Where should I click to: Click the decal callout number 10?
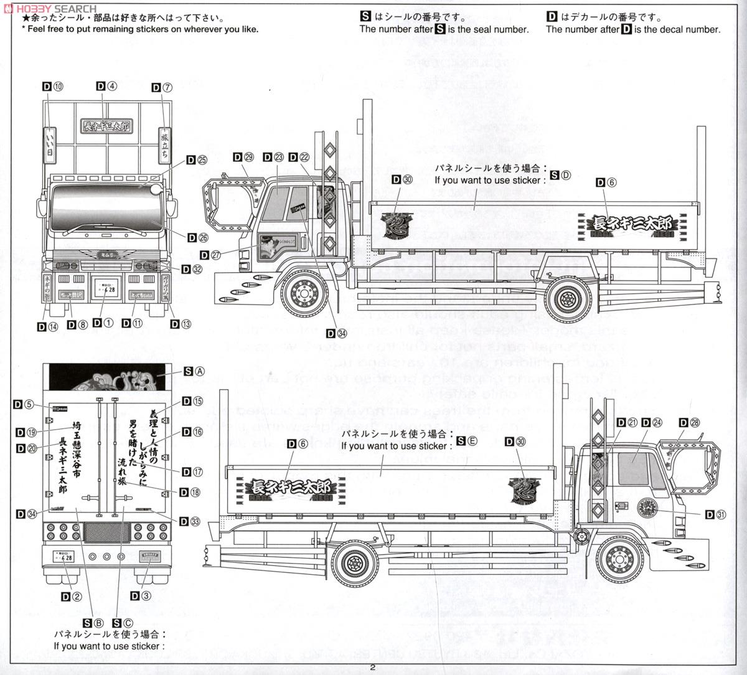(58, 87)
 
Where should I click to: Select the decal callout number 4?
(111, 87)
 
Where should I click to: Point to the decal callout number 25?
(202, 160)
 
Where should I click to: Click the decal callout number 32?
(197, 269)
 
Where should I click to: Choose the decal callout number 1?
(108, 323)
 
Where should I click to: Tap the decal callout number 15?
(197, 402)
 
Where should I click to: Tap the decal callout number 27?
(215, 254)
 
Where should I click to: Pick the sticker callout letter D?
(565, 176)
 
